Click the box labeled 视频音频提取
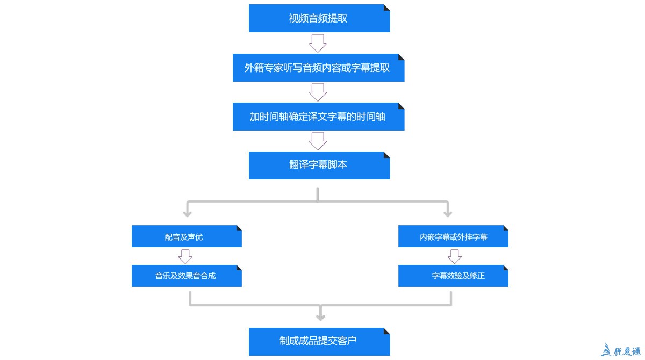[319, 18]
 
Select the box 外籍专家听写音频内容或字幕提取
[318, 68]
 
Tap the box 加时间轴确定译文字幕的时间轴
[318, 117]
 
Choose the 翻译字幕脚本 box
[319, 165]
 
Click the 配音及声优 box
[187, 236]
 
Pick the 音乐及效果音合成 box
[187, 276]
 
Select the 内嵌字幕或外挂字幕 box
[453, 236]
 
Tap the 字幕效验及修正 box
[453, 276]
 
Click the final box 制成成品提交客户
[319, 341]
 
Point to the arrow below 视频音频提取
[318, 43]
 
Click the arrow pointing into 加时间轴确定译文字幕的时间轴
[318, 92]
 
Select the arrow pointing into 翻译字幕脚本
[318, 141]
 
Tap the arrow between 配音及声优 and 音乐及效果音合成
[185, 256]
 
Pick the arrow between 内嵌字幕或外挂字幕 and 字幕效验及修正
[455, 256]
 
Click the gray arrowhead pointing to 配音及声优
[187, 213]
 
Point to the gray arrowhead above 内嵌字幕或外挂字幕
[448, 213]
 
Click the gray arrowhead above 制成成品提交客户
[321, 316]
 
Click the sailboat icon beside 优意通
[607, 350]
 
